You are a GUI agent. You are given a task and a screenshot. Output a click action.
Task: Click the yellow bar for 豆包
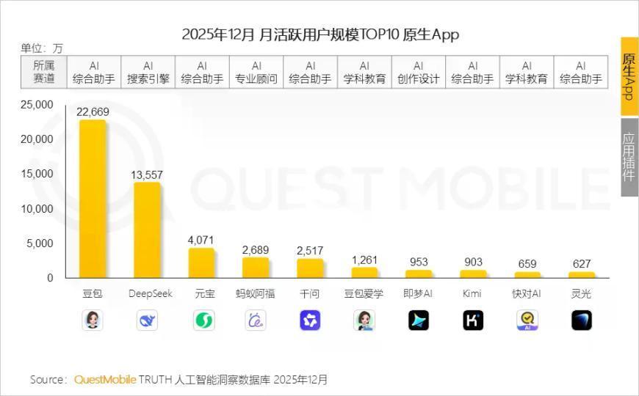pyautogui.click(x=93, y=198)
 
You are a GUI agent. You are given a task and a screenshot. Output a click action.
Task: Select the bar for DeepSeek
pyautogui.click(x=147, y=230)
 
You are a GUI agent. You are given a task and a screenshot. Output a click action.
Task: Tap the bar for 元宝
pyautogui.click(x=201, y=263)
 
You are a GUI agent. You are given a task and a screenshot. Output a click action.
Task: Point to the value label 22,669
pyautogui.click(x=93, y=111)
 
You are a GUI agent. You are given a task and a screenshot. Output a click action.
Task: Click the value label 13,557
pyautogui.click(x=147, y=175)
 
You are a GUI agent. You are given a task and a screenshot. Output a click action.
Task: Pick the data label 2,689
pyautogui.click(x=256, y=250)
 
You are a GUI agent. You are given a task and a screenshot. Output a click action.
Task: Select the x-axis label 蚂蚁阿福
pyautogui.click(x=256, y=294)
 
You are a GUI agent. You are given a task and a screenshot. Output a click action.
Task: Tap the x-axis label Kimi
pyautogui.click(x=472, y=294)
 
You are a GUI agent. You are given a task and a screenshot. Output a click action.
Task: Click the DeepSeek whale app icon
pyautogui.click(x=147, y=320)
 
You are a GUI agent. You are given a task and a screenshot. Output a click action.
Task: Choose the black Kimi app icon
pyautogui.click(x=473, y=320)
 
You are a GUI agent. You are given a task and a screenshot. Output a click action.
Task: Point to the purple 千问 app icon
pyautogui.click(x=310, y=320)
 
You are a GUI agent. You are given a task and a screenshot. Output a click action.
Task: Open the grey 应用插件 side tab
pyautogui.click(x=629, y=157)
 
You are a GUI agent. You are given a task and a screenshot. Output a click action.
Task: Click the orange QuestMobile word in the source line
pyautogui.click(x=105, y=380)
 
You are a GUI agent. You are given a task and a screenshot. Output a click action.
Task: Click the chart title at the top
pyautogui.click(x=319, y=34)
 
